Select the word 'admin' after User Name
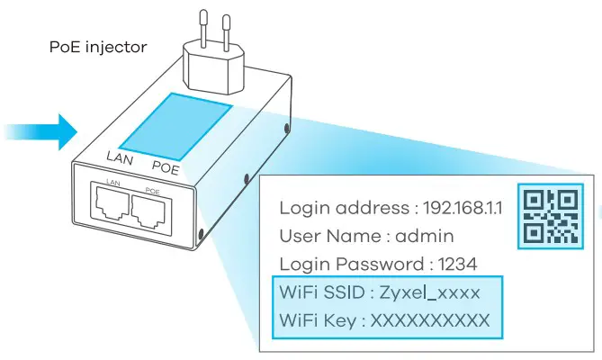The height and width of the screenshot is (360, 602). tap(425, 237)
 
